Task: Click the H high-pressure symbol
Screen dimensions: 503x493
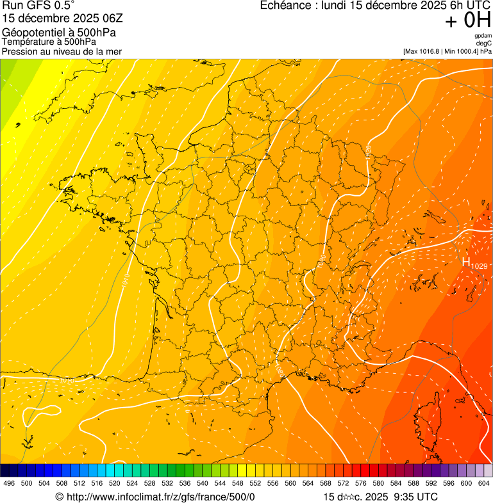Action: [466, 261]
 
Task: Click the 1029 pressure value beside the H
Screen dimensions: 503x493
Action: [480, 265]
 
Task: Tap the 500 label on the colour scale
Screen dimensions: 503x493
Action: [26, 484]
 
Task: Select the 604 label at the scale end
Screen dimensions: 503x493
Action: [483, 484]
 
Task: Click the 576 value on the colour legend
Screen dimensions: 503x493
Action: [361, 484]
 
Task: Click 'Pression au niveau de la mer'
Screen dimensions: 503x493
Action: [62, 51]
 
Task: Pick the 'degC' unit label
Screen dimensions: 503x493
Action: [484, 44]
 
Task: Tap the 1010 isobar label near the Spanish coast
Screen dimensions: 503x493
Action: [66, 380]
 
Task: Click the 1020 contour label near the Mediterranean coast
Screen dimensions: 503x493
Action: [280, 370]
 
